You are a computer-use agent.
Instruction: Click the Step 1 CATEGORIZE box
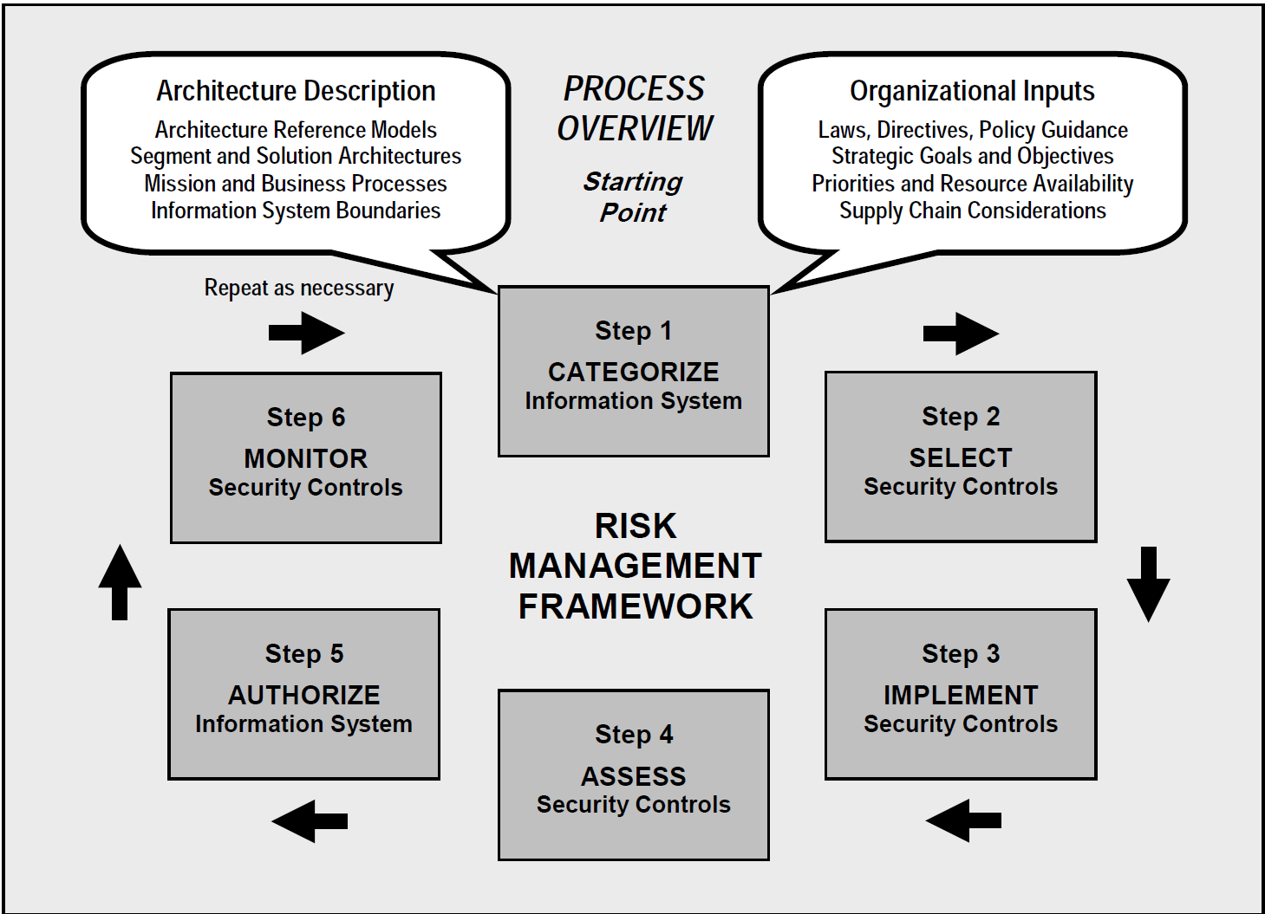(x=633, y=371)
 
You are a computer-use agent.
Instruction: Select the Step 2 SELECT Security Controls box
(x=961, y=457)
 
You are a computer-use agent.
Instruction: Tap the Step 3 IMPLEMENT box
(x=961, y=694)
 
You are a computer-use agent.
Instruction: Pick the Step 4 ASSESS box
(x=633, y=775)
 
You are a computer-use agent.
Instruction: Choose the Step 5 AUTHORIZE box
(x=303, y=694)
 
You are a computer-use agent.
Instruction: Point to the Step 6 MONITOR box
(x=305, y=457)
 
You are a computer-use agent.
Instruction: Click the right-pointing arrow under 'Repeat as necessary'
(x=306, y=333)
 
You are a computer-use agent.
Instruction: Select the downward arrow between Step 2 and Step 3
(x=1148, y=583)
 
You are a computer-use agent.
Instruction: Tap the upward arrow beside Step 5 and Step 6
(x=120, y=582)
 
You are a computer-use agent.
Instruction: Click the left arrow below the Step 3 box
(x=963, y=820)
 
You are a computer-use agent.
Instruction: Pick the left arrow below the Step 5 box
(x=310, y=820)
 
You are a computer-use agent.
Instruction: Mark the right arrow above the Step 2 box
(x=961, y=333)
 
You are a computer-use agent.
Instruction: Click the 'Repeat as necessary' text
(x=299, y=288)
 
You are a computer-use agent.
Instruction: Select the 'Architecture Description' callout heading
(x=296, y=91)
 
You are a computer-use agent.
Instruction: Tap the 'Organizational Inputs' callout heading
(x=972, y=91)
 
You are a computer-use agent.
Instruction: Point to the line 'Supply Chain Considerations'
(x=972, y=211)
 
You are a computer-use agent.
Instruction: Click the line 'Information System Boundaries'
(x=296, y=211)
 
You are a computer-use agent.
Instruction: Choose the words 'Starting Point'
(x=633, y=197)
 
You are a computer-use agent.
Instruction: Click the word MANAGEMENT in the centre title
(x=635, y=566)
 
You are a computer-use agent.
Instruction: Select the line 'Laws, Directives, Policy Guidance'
(x=973, y=130)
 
